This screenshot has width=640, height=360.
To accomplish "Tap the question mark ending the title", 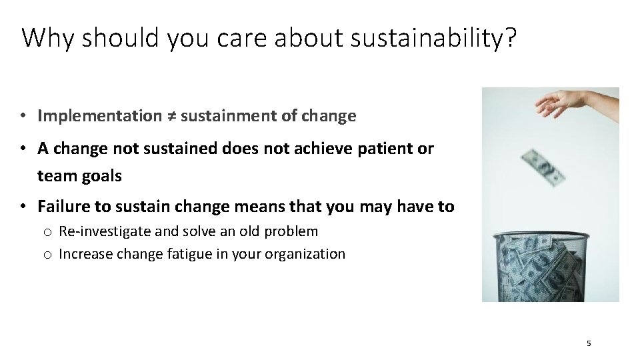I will [x=510, y=39].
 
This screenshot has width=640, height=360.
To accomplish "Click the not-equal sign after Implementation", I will [x=171, y=116].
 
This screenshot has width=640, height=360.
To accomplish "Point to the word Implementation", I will [x=99, y=116].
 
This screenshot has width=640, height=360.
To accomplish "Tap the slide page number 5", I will [x=589, y=343].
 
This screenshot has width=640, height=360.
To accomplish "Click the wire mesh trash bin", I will [x=541, y=267].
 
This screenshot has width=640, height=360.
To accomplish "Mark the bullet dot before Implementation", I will [x=23, y=116].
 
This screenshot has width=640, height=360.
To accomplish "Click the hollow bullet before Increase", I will [x=47, y=255].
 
